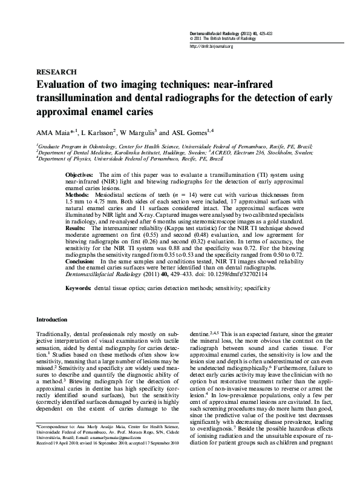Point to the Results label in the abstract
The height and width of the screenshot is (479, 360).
[x=76, y=213]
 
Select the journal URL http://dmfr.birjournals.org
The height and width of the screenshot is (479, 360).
[x=212, y=46]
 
